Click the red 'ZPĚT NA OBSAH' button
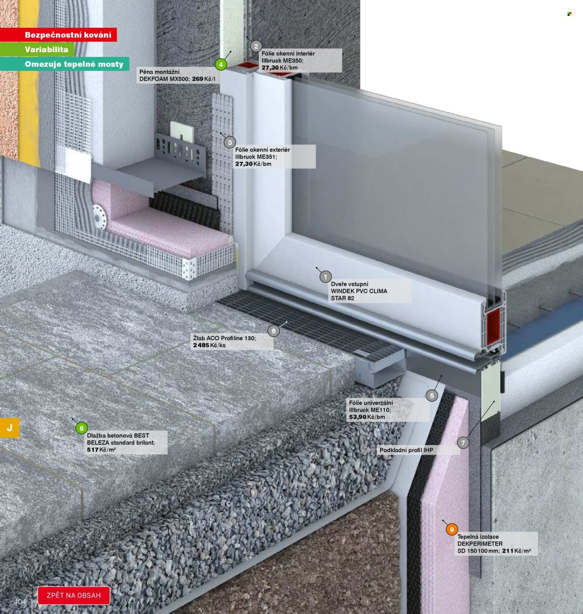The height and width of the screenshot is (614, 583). [x=74, y=595]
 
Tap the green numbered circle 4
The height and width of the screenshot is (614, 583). [x=221, y=65]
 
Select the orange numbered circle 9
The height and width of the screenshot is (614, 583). [x=451, y=530]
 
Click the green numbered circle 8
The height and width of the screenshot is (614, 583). [x=82, y=428]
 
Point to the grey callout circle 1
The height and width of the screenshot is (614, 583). [x=326, y=277]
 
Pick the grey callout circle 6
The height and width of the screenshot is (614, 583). [x=274, y=331]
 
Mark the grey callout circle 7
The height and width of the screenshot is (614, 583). [x=463, y=443]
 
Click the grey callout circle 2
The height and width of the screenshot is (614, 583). [x=256, y=46]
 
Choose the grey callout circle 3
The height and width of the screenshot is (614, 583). [x=230, y=142]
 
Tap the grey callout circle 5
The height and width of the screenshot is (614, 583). [x=432, y=395]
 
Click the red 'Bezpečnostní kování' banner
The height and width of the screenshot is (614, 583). [x=58, y=35]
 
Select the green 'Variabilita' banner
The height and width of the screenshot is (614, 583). [x=37, y=49]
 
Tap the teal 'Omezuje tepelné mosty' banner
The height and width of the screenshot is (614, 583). [x=64, y=64]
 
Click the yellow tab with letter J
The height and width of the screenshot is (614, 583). [x=9, y=427]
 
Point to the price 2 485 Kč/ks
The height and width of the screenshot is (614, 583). [x=209, y=345]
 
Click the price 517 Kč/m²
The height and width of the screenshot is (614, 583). [x=102, y=450]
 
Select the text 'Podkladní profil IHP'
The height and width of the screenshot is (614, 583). [x=406, y=450]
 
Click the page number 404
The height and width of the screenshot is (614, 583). [x=20, y=601]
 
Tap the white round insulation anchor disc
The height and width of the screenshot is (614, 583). [x=99, y=216]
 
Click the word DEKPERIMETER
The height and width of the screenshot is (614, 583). [x=479, y=544]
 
